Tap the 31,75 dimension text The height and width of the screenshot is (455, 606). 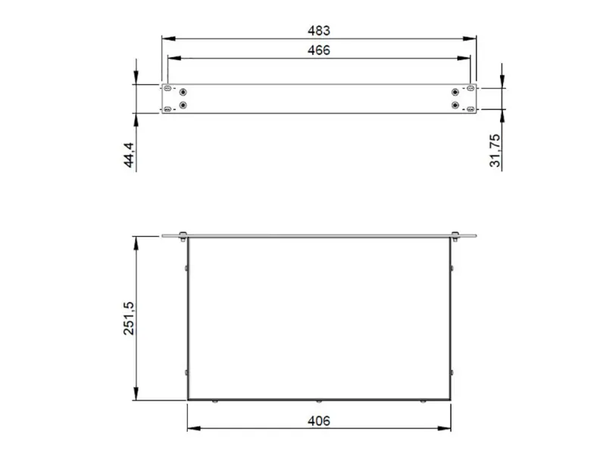tap(495, 151)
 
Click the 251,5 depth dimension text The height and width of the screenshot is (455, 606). tap(129, 318)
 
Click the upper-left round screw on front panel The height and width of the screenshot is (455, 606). tap(183, 93)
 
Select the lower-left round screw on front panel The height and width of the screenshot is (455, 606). tap(183, 105)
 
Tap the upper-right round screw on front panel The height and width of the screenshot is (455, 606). tap(454, 93)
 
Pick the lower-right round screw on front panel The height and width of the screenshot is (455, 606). tap(454, 105)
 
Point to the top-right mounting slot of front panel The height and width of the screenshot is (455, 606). tap(470, 89)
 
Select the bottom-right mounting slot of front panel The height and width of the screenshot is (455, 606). tap(470, 110)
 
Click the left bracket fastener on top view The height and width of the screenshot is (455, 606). tap(183, 234)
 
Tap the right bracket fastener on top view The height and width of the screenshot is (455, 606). tap(454, 234)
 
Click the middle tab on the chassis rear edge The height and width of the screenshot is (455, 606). tap(319, 400)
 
